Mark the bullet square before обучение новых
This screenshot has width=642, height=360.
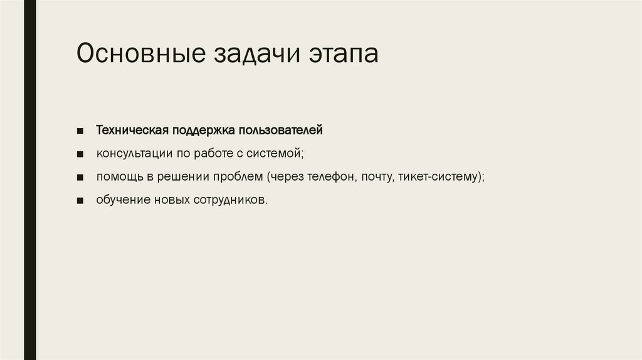pos(81,201)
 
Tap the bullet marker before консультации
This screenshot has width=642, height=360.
pos(81,154)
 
